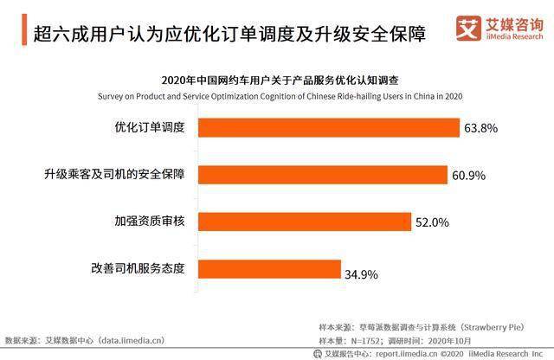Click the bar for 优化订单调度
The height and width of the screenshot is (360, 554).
coord(329,127)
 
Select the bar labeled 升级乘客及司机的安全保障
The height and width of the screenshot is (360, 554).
coord(323,175)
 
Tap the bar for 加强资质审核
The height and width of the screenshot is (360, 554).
coord(305,222)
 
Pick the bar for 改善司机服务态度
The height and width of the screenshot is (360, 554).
coord(269,269)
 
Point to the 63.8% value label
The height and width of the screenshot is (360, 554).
coord(481,128)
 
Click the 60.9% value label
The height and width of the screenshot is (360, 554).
coord(469,175)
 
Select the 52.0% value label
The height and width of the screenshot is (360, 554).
coord(432,222)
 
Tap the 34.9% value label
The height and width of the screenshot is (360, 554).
coord(362,274)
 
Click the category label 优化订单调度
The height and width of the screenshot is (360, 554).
coord(150,127)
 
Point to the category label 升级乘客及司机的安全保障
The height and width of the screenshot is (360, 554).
coord(114,174)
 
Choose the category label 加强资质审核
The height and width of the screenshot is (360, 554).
coord(150,222)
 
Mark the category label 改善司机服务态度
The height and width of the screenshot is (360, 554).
coord(138,268)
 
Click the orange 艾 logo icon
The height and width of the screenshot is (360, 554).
coord(468,29)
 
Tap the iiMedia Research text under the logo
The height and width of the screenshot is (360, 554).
coord(514,36)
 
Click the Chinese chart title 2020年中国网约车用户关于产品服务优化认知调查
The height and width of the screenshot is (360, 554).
coord(280,80)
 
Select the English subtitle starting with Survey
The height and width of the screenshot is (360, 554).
coord(280,96)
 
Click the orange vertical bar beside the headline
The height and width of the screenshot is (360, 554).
coord(24,29)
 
